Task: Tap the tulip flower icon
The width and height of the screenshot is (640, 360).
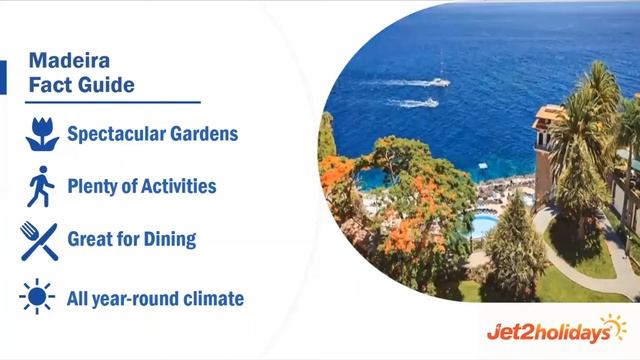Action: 39,133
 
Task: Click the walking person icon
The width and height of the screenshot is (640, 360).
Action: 39,186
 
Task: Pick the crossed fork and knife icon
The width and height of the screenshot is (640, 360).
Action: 39,241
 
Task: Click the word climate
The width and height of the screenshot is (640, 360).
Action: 211,298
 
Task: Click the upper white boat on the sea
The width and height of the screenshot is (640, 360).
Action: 439,80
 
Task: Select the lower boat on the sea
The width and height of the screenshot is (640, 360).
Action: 427,102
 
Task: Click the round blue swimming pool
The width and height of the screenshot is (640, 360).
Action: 484,221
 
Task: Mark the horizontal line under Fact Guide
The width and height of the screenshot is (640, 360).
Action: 112,101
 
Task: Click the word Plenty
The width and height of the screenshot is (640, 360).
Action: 92,186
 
